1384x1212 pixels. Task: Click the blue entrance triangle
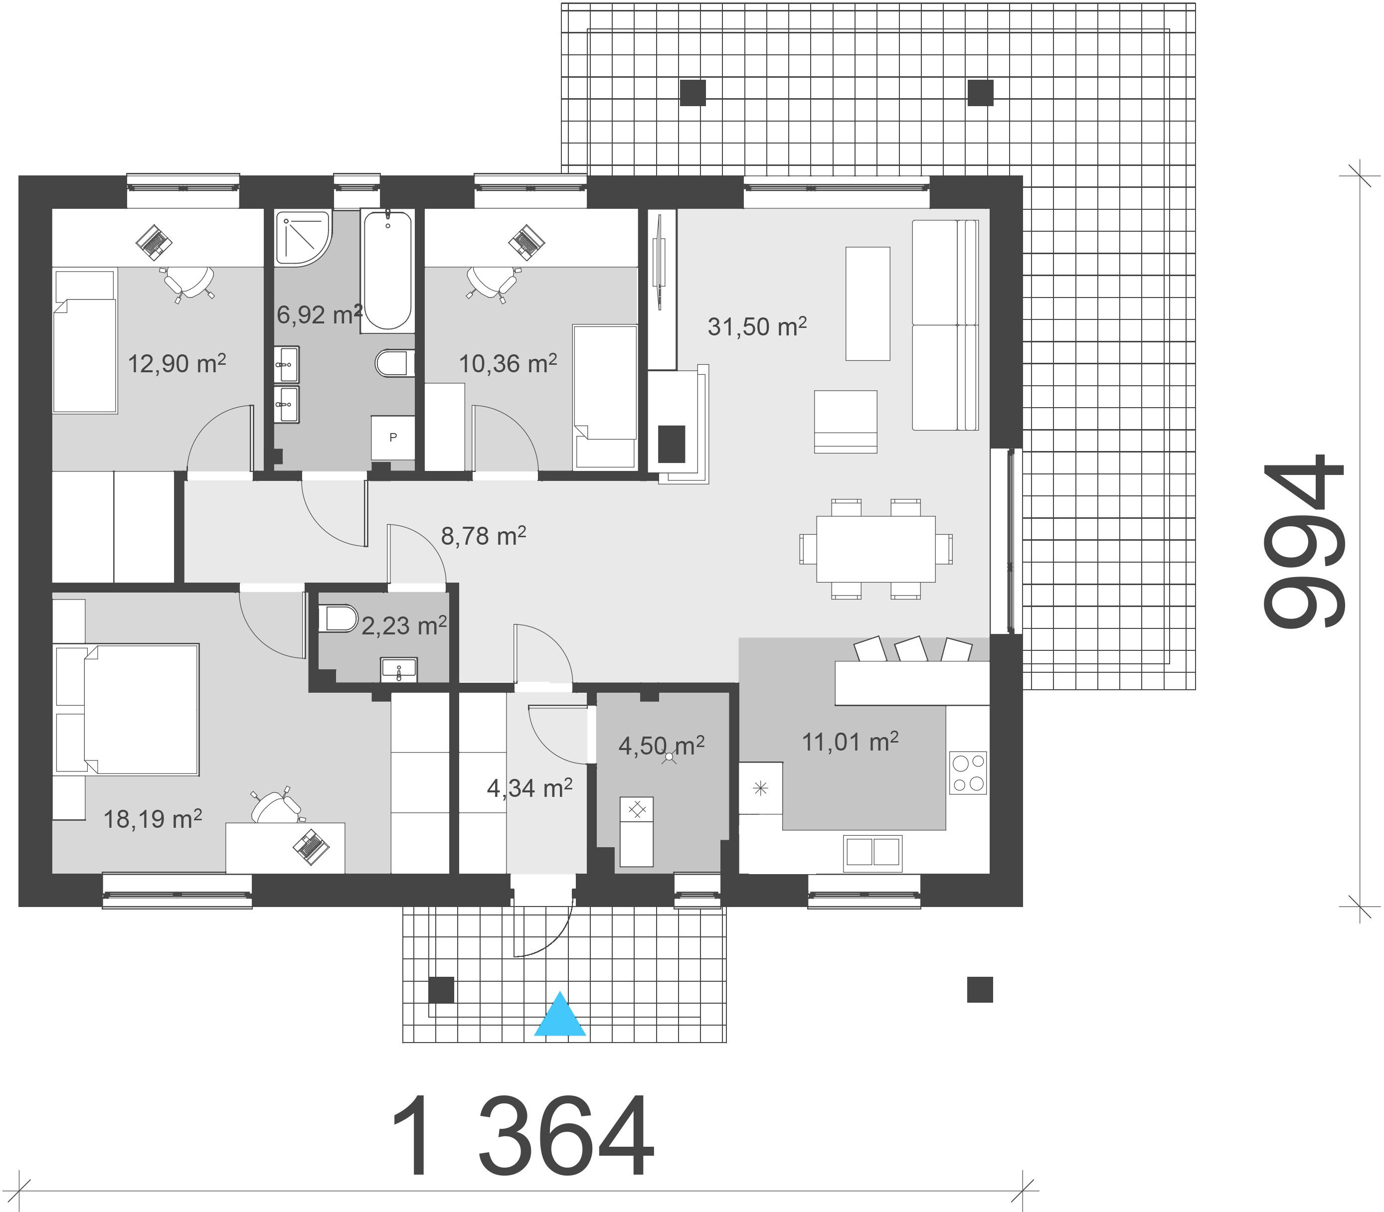[x=560, y=1015]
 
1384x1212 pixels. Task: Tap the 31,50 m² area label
[x=757, y=327]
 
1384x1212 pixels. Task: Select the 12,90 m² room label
[x=176, y=364]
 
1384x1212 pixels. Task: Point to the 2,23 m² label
[x=404, y=625]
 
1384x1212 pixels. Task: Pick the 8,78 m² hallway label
[x=483, y=536]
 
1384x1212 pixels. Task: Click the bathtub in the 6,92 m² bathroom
[x=387, y=270]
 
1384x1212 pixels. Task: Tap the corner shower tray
[x=304, y=238]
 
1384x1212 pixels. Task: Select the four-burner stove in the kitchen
[x=968, y=772]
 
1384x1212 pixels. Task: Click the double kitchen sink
[x=872, y=852]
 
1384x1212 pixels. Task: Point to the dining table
[x=876, y=549]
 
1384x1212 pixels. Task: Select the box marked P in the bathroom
[x=393, y=438]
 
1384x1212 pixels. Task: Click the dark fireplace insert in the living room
[x=672, y=444]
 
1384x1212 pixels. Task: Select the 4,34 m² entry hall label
[x=529, y=787]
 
